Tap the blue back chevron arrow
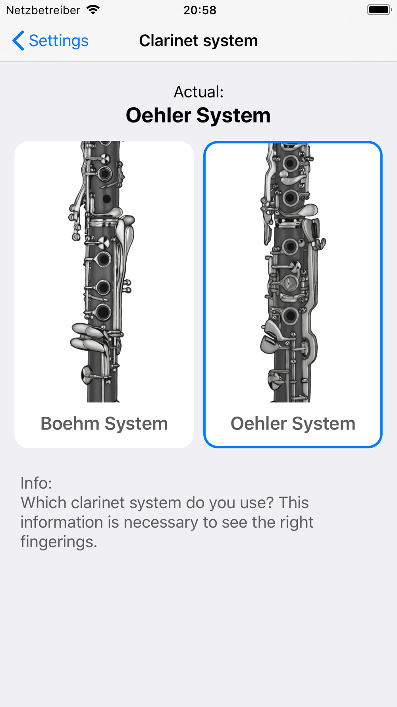[18, 41]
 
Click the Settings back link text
[59, 41]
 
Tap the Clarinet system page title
[198, 41]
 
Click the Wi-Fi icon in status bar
[93, 10]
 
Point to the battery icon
[380, 10]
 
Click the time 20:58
[200, 10]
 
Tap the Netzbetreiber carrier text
[43, 10]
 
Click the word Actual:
[198, 92]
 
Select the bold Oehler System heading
[198, 115]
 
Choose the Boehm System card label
[104, 423]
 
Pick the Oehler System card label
[293, 423]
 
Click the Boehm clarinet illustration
[102, 272]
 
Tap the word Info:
[36, 483]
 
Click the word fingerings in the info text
[59, 542]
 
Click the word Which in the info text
[43, 503]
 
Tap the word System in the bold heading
[233, 115]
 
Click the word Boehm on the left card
[70, 423]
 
